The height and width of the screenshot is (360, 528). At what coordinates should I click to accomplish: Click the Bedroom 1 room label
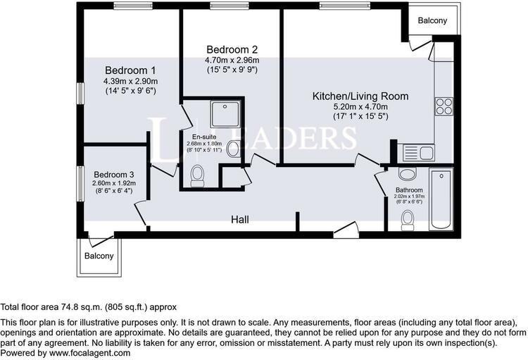pyautogui.click(x=130, y=70)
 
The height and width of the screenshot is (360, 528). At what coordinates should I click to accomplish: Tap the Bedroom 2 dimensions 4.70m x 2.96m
pyautogui.click(x=232, y=61)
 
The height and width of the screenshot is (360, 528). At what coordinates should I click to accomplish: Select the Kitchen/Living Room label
pyautogui.click(x=360, y=96)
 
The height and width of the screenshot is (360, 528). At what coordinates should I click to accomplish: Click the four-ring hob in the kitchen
pyautogui.click(x=444, y=106)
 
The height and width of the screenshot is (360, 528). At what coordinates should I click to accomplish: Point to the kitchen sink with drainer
pyautogui.click(x=419, y=153)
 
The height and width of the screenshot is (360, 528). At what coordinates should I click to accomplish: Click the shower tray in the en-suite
pyautogui.click(x=225, y=114)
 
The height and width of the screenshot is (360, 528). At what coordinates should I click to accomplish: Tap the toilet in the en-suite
pyautogui.click(x=197, y=175)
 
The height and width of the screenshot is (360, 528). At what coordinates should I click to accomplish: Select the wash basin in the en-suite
pyautogui.click(x=233, y=149)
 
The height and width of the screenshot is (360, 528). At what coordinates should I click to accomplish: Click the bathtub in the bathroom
pyautogui.click(x=441, y=199)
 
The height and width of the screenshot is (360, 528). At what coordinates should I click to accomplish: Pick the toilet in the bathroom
pyautogui.click(x=408, y=220)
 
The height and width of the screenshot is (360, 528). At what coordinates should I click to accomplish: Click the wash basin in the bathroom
pyautogui.click(x=407, y=174)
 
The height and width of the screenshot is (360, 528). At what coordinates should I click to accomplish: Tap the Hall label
pyautogui.click(x=240, y=220)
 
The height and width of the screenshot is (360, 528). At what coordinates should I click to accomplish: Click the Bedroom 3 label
pyautogui.click(x=114, y=175)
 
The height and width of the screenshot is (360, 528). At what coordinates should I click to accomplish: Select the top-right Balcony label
pyautogui.click(x=432, y=20)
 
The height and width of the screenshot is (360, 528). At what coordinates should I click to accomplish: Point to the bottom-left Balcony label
pyautogui.click(x=99, y=256)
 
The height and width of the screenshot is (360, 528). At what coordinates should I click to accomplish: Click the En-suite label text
pyautogui.click(x=204, y=137)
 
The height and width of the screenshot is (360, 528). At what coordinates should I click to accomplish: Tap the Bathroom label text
pyautogui.click(x=409, y=190)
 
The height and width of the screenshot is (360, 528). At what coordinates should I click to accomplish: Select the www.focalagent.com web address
pyautogui.click(x=89, y=353)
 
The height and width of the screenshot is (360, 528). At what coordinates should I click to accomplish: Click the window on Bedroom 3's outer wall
pyautogui.click(x=80, y=183)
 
